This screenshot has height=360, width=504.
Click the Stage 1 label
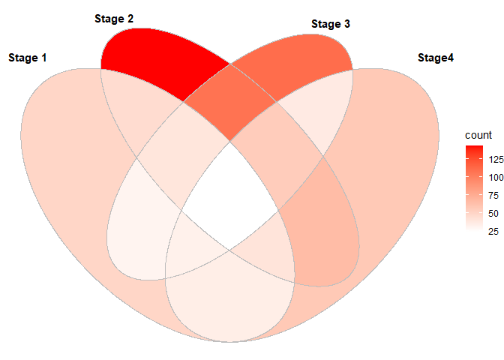[x=27, y=58]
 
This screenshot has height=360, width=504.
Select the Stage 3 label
[x=330, y=25]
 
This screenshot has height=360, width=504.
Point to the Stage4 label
[x=435, y=58]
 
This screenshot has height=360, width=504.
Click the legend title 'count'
[x=478, y=136]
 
